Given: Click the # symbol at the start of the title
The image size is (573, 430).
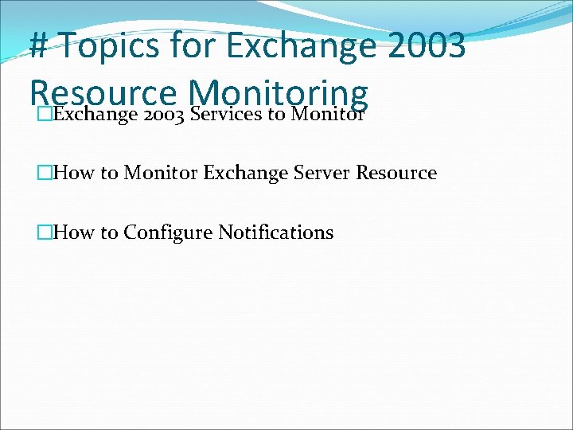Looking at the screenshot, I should pos(40,45).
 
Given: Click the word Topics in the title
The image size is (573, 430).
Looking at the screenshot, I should pos(109,45).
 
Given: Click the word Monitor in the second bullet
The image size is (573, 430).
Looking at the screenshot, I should pos(161,173).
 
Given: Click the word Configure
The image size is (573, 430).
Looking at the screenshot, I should pos(168,233).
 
